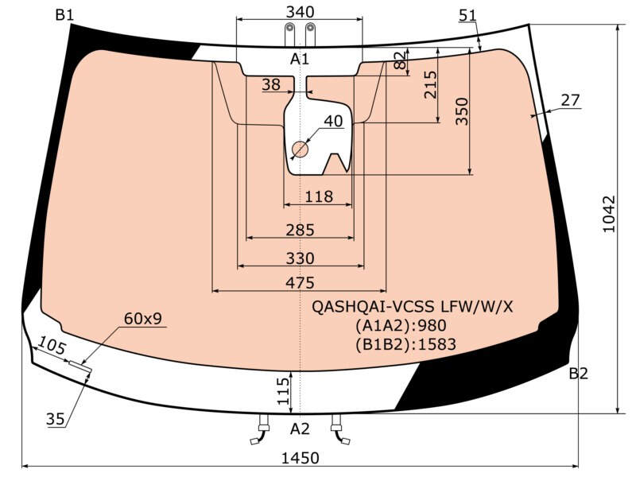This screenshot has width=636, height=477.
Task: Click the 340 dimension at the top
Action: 300,12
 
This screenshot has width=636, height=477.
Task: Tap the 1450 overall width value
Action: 301,459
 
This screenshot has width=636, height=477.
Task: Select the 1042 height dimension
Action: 609,214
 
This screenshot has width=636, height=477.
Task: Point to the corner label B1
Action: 65,15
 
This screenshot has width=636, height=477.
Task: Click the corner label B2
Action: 579,373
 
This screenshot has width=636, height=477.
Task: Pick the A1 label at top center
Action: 300,59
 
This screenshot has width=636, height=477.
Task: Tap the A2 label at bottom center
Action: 301,429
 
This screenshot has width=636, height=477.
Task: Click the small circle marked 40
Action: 301,149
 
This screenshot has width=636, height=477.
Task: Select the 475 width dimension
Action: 301,283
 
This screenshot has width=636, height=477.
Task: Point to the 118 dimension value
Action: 319,196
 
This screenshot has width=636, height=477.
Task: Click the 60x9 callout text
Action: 143,319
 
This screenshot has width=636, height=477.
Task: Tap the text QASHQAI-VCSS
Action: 373,307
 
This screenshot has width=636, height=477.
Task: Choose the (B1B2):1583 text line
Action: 405,344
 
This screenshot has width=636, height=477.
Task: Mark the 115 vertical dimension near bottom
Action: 283,391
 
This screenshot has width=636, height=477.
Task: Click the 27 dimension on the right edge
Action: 571,100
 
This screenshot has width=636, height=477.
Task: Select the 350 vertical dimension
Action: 462,111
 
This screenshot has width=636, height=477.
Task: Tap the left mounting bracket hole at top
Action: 289,28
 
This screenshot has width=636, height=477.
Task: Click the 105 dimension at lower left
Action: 51,346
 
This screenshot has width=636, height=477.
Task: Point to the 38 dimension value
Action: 271,84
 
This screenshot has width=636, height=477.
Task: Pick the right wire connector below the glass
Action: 340,430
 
